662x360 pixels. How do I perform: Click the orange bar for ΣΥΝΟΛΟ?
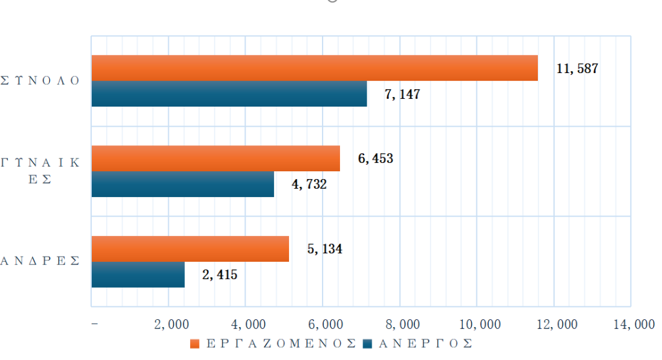point(314,69)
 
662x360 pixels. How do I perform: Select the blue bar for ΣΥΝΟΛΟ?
point(229,94)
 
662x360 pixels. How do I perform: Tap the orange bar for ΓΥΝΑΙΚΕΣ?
point(215,158)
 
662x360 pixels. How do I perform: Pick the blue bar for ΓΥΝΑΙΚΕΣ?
point(182,184)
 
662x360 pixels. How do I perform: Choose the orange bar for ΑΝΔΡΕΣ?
point(190,249)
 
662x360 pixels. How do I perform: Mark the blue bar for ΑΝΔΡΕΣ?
point(138,275)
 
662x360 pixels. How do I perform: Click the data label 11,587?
point(577,69)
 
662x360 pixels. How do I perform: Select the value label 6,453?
point(376,158)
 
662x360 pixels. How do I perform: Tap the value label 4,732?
point(310,184)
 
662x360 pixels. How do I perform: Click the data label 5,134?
point(325,249)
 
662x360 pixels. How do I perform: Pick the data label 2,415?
point(220,275)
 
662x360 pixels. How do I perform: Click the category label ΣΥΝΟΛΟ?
point(40,81)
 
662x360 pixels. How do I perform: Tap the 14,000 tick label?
point(633,324)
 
